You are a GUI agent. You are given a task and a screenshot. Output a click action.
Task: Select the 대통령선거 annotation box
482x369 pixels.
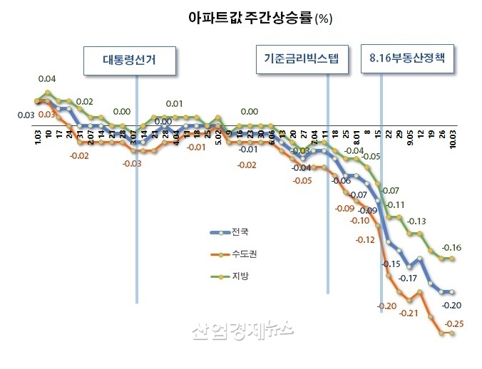coord(129,61)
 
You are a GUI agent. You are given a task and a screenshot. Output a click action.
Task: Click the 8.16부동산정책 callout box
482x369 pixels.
coord(406,60)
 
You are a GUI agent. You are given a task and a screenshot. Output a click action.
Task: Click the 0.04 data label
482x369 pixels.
coord(47,79)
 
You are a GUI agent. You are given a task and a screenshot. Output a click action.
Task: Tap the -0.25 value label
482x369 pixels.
coord(454,324)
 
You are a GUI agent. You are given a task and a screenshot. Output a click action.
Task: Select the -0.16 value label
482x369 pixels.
coord(452,248)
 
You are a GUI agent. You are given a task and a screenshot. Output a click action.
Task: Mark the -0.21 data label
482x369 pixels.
coord(409,313)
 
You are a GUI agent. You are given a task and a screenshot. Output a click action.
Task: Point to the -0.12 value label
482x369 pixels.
coord(364,239)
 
